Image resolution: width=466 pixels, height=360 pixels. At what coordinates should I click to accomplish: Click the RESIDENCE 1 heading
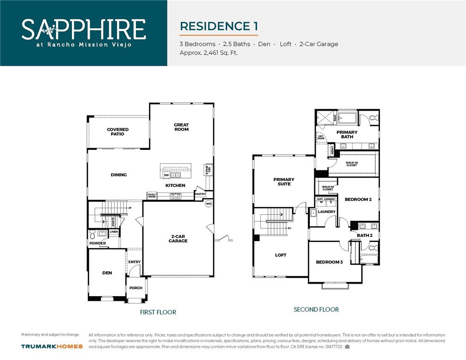pyautogui.click(x=219, y=26)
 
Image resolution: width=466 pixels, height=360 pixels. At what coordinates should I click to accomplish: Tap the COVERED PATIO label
pyautogui.click(x=118, y=132)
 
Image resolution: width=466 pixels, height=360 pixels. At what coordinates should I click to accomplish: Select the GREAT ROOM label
pyautogui.click(x=181, y=127)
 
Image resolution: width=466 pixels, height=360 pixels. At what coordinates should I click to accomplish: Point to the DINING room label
pyautogui.click(x=119, y=175)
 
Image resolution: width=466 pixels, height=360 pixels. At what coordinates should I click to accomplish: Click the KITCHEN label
pyautogui.click(x=175, y=186)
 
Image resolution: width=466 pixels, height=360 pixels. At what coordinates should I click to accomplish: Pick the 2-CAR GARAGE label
pyautogui.click(x=178, y=239)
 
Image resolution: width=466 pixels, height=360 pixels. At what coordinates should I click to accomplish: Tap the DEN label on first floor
pyautogui.click(x=107, y=273)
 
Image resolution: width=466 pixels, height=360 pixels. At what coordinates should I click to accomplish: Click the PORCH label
pyautogui.click(x=136, y=288)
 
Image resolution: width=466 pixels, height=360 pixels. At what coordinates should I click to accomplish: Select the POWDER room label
pyautogui.click(x=98, y=243)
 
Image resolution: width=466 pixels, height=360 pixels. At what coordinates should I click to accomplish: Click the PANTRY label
pyautogui.click(x=200, y=194)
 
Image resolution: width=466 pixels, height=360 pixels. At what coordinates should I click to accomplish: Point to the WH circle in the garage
pyautogui.click(x=208, y=204)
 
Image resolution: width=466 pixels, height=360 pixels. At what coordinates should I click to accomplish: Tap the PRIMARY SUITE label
pyautogui.click(x=284, y=182)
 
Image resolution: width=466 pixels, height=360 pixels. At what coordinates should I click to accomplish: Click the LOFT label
pyautogui.click(x=281, y=255)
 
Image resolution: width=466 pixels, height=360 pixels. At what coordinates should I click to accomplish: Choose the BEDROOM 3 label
pyautogui.click(x=329, y=262)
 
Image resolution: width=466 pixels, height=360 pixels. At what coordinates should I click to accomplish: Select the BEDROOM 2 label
pyautogui.click(x=358, y=199)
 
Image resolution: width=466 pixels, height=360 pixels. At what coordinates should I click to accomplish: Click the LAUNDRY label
pyautogui.click(x=327, y=212)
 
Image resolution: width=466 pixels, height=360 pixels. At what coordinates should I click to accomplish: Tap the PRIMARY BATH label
pyautogui.click(x=347, y=135)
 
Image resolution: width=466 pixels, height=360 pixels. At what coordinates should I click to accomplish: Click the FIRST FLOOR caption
pyautogui.click(x=158, y=312)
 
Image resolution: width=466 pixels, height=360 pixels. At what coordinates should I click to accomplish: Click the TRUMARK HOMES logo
pyautogui.click(x=52, y=346)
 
